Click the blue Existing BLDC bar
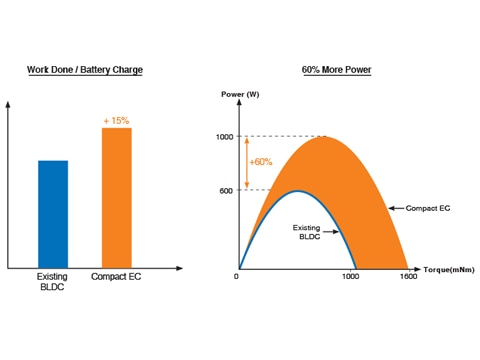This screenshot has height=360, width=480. click(53, 214)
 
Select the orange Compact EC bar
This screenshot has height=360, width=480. click(117, 198)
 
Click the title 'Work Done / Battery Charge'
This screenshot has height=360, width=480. click(85, 70)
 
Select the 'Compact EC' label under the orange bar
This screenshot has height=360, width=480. click(116, 276)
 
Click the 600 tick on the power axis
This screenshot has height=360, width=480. click(225, 191)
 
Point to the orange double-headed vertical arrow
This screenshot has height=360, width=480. click(247, 164)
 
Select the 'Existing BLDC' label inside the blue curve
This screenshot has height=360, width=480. click(307, 233)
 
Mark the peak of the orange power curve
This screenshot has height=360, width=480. click(322, 137)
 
